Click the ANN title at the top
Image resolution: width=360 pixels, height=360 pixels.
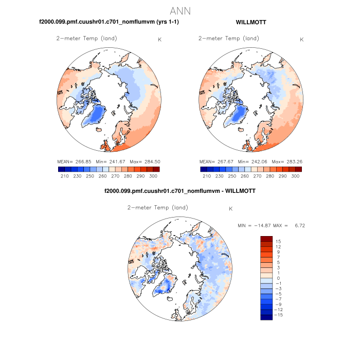(180, 11)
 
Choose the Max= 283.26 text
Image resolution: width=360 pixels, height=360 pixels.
(287, 161)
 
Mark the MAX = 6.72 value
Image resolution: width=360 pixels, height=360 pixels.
(287, 226)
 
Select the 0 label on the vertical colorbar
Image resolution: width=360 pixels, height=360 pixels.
(278, 278)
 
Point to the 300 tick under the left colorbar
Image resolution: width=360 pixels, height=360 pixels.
(153, 176)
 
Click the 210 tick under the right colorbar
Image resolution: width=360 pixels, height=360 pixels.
(207, 176)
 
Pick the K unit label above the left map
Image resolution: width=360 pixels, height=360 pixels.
(160, 40)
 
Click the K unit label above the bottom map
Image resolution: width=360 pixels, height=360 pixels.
(231, 209)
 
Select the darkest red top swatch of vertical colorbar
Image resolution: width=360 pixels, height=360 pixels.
(266, 239)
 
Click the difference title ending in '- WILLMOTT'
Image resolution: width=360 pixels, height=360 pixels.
(180, 191)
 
